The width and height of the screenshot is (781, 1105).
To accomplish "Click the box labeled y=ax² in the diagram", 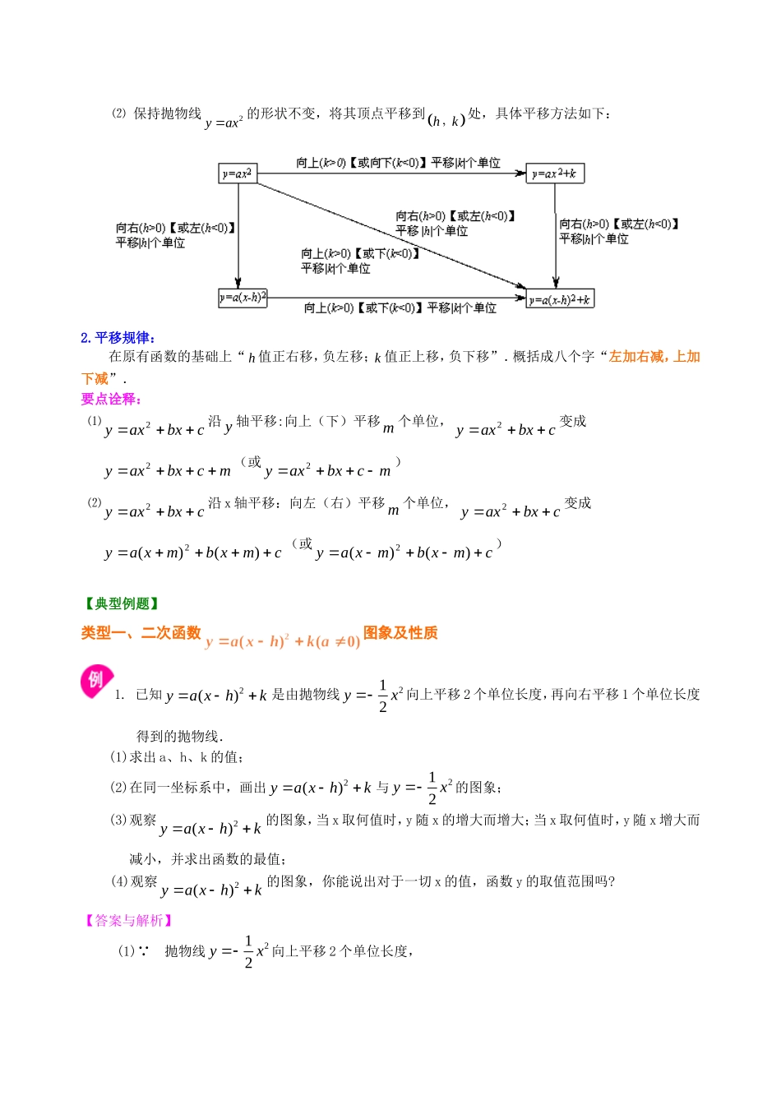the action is coord(238,173).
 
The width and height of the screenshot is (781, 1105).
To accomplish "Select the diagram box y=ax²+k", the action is coord(556,173).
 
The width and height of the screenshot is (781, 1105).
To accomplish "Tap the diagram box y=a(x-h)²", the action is coord(243,298).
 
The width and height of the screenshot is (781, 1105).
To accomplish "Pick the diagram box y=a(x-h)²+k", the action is coord(560,299).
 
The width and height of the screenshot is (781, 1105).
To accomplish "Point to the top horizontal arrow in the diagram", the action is coord(390,173).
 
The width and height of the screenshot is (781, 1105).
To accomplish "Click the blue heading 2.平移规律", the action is coord(118,338).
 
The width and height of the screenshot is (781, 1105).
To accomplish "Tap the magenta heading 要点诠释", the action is coord(112,400).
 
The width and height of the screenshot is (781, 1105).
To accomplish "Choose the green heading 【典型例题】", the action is coord(122,604).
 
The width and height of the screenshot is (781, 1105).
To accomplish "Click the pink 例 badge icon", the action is coord(95,681).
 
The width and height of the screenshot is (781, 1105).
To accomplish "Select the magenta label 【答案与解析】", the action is coord(129,921).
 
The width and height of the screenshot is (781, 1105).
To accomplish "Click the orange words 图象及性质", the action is coord(400,633).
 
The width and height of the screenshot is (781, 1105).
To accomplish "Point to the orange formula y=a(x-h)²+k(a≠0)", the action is coord(282,642).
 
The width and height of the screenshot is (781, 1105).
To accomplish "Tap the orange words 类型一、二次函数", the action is coord(141,633).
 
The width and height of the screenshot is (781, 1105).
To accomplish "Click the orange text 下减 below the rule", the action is coord(95,379).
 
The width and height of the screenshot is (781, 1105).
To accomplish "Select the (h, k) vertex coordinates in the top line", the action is coord(446,120).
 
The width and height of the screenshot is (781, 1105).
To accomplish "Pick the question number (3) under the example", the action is coord(118,821).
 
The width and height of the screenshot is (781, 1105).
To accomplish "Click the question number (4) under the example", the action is coord(119,881).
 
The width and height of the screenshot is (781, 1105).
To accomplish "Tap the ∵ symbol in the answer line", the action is coord(143,951).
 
